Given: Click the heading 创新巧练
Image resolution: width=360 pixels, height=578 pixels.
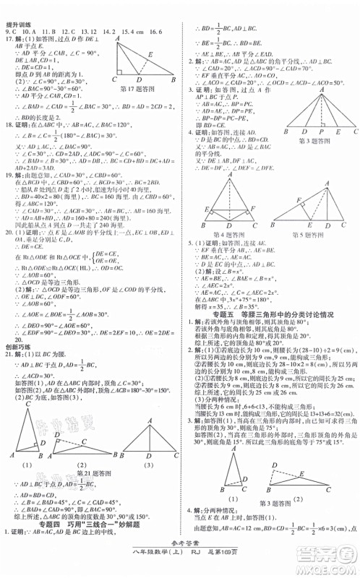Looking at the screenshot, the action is click(17, 347).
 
